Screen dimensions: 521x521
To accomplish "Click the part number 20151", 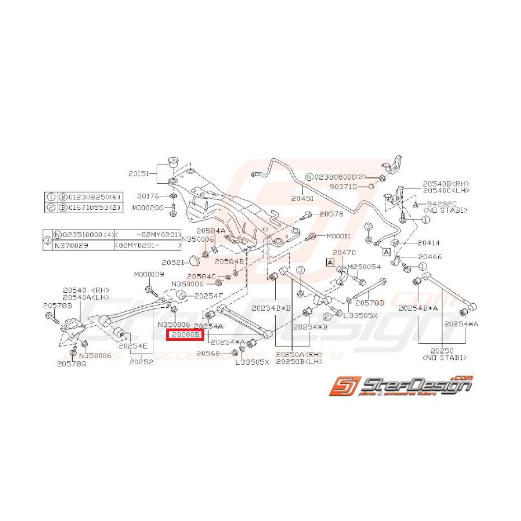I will pos(140,174).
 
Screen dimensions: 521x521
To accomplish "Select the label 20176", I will pos(148,196).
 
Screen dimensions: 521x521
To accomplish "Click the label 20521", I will pos(173,262).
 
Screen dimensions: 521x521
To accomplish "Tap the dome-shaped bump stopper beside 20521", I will pos(194,260).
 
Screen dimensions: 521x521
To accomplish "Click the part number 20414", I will pos(429,243).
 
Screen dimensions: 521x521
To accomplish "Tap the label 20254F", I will pos(208,295).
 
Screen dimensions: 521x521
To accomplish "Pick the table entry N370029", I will pos(67,245).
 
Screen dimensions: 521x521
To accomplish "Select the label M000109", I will pos(148,274).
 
